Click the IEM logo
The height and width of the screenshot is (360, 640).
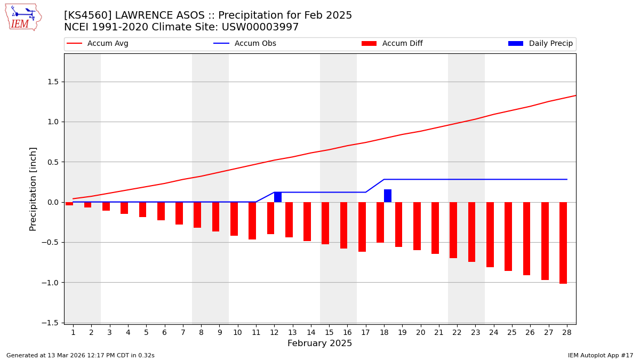tap(23, 17)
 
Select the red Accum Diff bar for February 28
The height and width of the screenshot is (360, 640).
tap(563, 243)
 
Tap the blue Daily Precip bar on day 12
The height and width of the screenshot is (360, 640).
tap(278, 197)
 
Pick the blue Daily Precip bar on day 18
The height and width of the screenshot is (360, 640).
tap(388, 196)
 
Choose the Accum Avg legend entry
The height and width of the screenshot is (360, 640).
tap(98, 44)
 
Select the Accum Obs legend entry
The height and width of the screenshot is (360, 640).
tap(245, 44)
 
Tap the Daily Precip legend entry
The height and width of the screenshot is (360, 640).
tap(540, 44)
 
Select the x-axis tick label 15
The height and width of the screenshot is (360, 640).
tap(329, 332)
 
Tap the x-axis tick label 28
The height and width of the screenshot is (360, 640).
tap(566, 332)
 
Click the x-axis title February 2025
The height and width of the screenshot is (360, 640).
tap(319, 343)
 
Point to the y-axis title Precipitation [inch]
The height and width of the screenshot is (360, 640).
tap(33, 189)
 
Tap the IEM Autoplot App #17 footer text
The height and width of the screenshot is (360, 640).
tap(600, 355)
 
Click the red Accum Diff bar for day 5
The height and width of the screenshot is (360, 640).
tap(142, 210)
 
